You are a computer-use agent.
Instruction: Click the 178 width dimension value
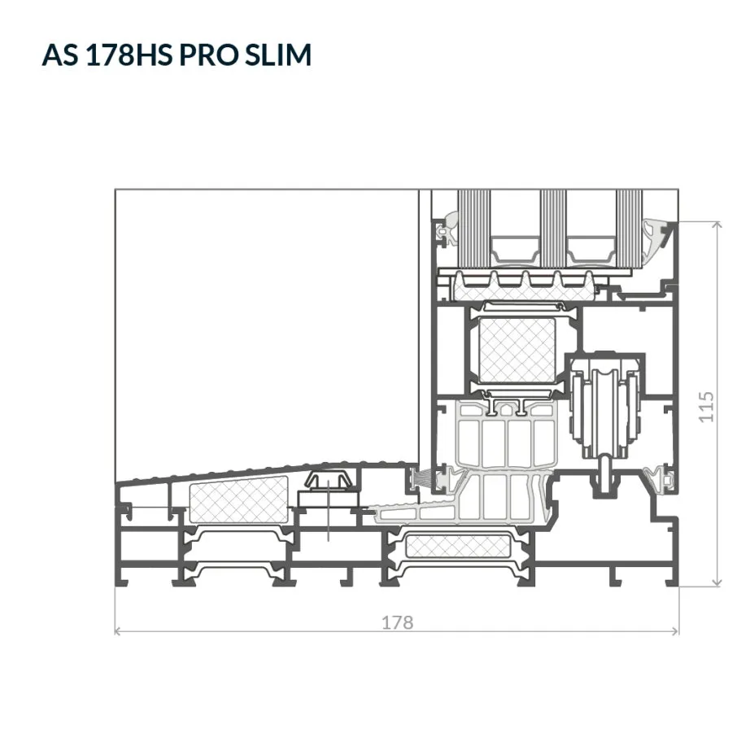pyautogui.click(x=397, y=622)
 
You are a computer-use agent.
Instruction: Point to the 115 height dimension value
pyautogui.click(x=706, y=407)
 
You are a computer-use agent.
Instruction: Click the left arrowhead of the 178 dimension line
pyautogui.click(x=118, y=631)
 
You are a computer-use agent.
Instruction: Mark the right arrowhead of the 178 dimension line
pyautogui.click(x=675, y=631)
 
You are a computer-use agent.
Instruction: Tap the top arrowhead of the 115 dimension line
pyautogui.click(x=717, y=225)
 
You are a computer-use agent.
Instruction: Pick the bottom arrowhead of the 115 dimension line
pyautogui.click(x=717, y=582)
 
